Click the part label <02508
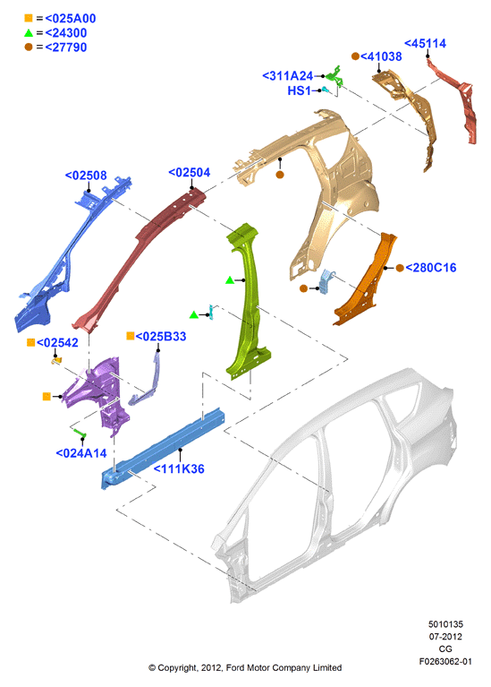(86, 176)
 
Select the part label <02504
(189, 173)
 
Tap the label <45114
(425, 43)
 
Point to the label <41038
(381, 56)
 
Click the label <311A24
(287, 76)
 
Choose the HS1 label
(299, 90)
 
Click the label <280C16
(430, 268)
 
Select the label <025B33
(161, 336)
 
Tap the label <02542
(57, 343)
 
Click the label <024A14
(81, 453)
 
